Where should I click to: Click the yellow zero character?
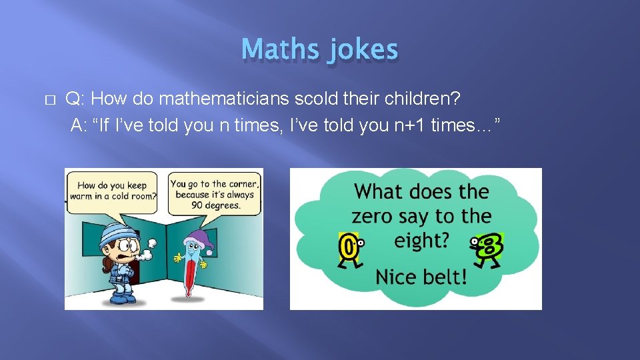[348, 246]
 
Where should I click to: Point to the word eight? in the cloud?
[421, 240]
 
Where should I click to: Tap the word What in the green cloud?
[379, 192]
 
